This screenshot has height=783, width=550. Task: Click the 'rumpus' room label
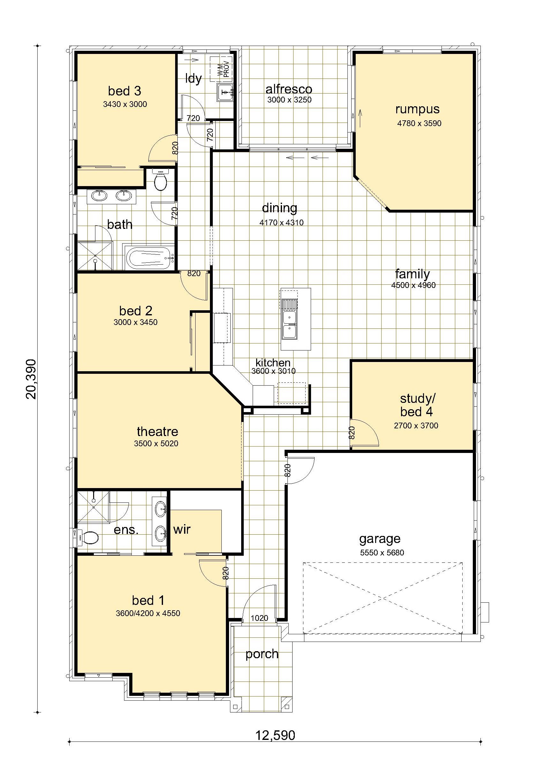point(417,110)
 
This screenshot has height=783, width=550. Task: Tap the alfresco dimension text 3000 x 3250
point(289,100)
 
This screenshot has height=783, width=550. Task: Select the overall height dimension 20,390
point(31,379)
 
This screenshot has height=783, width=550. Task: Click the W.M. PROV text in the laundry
point(224,69)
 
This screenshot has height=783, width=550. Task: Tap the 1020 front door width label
point(259,618)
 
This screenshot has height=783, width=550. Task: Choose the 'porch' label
point(262,654)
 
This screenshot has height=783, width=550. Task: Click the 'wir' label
point(182,529)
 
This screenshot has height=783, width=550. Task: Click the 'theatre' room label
point(157,432)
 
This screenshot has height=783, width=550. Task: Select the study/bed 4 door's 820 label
point(352,433)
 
